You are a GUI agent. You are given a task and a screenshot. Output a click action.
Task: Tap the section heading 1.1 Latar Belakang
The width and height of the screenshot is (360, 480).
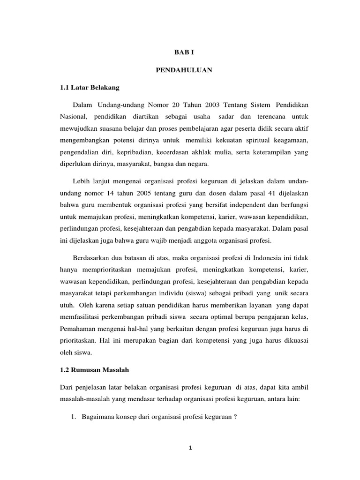point(90,87)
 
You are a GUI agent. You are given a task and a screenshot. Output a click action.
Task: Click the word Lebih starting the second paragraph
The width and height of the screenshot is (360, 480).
point(81,181)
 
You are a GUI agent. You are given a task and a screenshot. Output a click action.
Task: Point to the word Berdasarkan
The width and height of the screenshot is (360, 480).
point(93,258)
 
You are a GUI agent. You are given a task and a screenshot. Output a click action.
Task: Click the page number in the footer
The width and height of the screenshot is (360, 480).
point(190,448)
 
